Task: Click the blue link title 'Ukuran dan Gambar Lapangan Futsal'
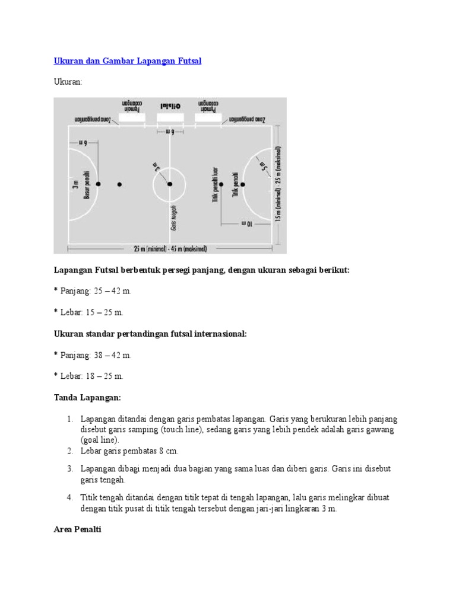point(128,61)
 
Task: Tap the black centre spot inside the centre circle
point(169,184)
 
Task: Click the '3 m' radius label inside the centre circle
point(156,168)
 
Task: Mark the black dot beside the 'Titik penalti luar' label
point(221,184)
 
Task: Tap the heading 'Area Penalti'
point(77,529)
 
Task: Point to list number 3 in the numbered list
point(69,469)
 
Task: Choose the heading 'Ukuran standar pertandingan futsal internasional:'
point(150,334)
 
